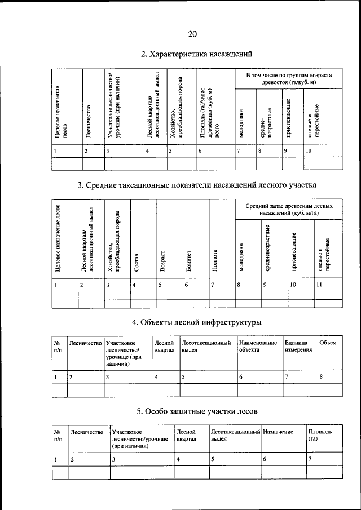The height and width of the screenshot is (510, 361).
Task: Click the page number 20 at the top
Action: (x=192, y=34)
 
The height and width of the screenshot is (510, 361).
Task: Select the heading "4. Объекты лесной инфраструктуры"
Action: (x=196, y=323)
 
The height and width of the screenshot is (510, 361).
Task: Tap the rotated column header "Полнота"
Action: (x=215, y=261)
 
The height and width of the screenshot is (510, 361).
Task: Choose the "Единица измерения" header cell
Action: (x=298, y=346)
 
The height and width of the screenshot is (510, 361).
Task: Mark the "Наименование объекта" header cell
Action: (x=258, y=346)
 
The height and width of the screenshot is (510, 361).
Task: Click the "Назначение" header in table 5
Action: (x=278, y=432)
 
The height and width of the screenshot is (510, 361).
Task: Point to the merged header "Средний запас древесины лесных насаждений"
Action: (x=288, y=210)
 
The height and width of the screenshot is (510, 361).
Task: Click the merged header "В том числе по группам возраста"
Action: (x=288, y=79)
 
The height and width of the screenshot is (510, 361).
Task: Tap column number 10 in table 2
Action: (x=308, y=151)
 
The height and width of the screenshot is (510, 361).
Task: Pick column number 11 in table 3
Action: (x=320, y=285)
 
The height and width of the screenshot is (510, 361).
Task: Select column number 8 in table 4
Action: (x=321, y=376)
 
